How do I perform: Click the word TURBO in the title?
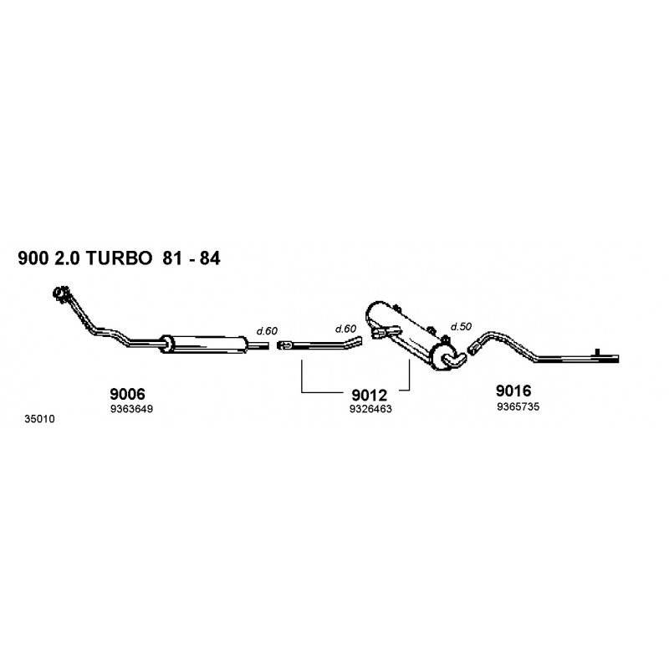[x=119, y=258]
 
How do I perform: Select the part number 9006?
[x=128, y=393]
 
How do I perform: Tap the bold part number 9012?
[x=369, y=395]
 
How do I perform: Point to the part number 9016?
[x=513, y=391]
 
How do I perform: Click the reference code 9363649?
[x=131, y=409]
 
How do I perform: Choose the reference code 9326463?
[x=370, y=409]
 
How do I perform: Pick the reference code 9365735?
[x=518, y=406]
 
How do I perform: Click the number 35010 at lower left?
[x=39, y=419]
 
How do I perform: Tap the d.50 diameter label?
[x=461, y=326]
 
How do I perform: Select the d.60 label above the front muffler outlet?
[x=267, y=330]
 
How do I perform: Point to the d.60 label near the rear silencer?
[x=345, y=329]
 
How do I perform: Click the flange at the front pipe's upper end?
[x=61, y=294]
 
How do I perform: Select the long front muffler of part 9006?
[x=204, y=344]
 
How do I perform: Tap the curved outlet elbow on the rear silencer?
[x=455, y=360]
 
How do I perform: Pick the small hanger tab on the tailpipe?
[x=598, y=351]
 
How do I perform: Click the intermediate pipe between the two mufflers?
[x=320, y=344]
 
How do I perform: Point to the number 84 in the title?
[x=210, y=258]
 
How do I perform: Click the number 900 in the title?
[x=33, y=258]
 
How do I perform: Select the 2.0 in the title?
[x=67, y=258]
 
